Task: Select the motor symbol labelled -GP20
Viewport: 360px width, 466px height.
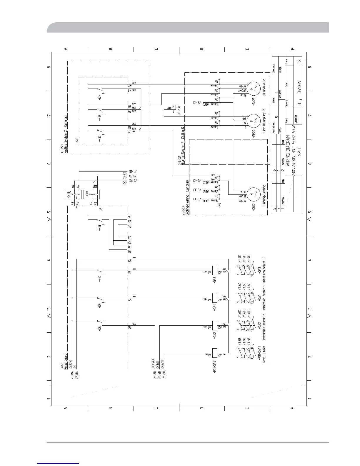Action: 252,120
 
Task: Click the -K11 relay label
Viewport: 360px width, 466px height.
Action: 100,227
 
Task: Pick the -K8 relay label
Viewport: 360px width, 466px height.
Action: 100,329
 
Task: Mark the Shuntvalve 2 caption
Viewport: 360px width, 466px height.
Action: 264,88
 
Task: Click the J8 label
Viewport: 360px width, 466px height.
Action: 101,209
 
